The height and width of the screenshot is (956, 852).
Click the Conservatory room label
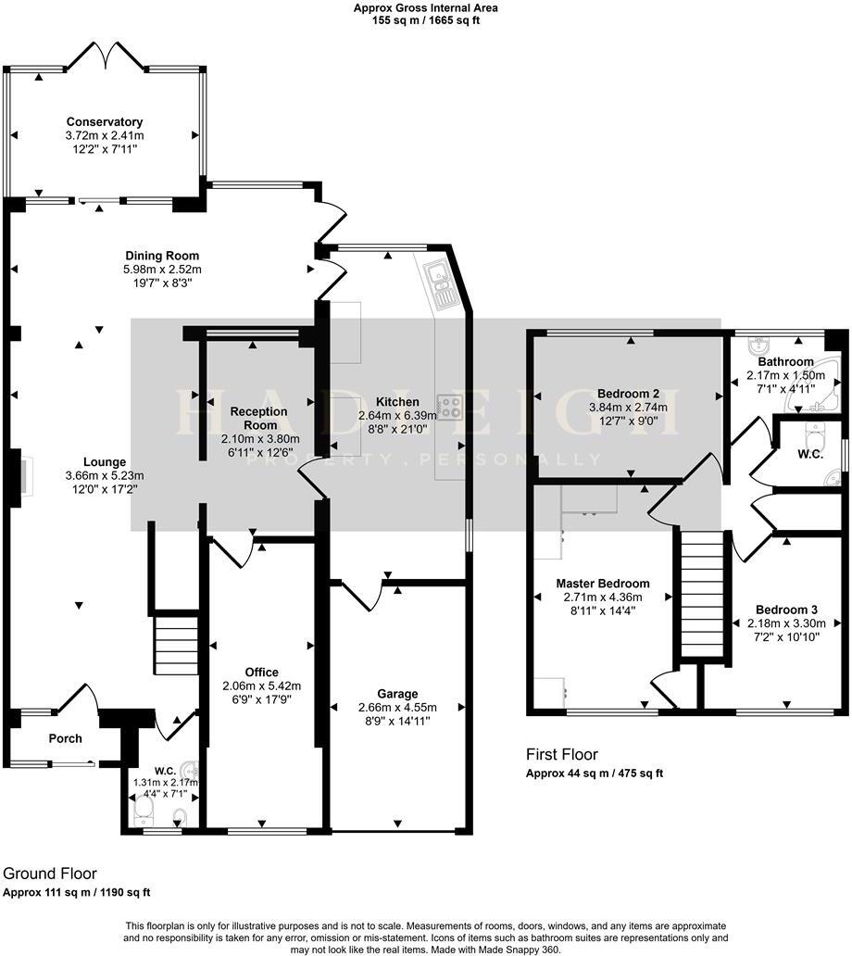click(x=105, y=122)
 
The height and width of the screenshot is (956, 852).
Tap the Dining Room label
click(x=162, y=256)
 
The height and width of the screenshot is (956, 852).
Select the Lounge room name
click(x=105, y=462)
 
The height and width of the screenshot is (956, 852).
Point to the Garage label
click(x=397, y=694)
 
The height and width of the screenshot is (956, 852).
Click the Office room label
click(x=261, y=672)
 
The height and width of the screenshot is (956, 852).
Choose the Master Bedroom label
click(x=603, y=584)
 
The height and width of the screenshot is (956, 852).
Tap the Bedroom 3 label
click(x=786, y=610)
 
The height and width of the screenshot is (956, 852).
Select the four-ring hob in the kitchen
click(x=451, y=408)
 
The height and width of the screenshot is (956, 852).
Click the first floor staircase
click(x=701, y=594)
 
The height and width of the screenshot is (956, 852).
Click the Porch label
click(x=65, y=738)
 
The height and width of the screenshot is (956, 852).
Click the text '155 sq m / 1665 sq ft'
click(x=426, y=20)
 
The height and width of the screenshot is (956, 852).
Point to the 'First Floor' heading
click(x=562, y=754)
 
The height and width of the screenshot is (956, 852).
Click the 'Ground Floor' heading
click(x=50, y=874)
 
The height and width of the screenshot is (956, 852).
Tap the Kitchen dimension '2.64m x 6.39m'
click(x=397, y=415)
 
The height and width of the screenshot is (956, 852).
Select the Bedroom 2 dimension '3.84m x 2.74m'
click(x=628, y=408)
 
